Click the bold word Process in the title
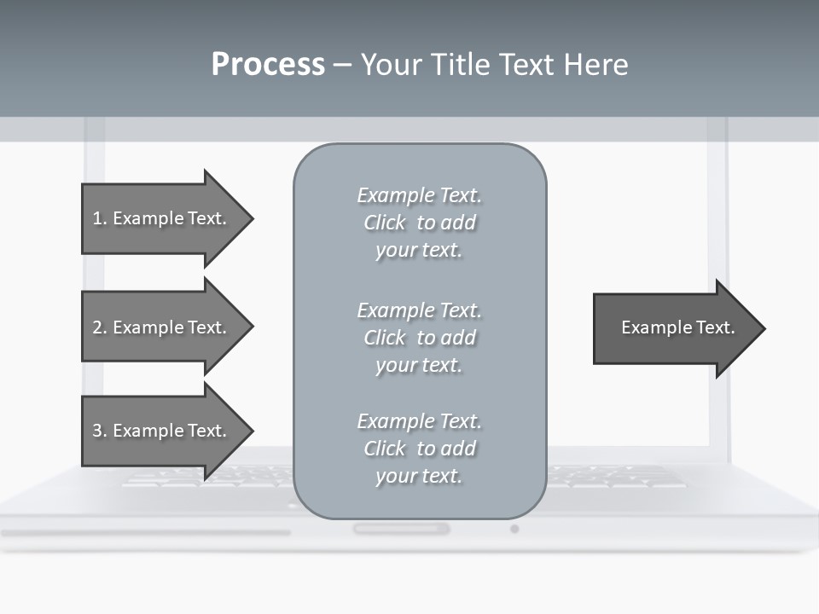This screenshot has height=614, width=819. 268,65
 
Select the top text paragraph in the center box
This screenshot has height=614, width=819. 419,223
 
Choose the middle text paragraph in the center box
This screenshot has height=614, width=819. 419,338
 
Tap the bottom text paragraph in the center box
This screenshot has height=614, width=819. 419,449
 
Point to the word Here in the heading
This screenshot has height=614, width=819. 597,65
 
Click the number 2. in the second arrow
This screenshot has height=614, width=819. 99,327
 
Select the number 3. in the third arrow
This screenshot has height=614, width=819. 99,431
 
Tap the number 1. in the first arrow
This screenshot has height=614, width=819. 99,218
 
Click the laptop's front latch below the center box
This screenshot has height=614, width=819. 401,529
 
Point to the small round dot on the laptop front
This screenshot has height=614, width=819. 514,529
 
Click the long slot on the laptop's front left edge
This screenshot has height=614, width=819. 145,533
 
